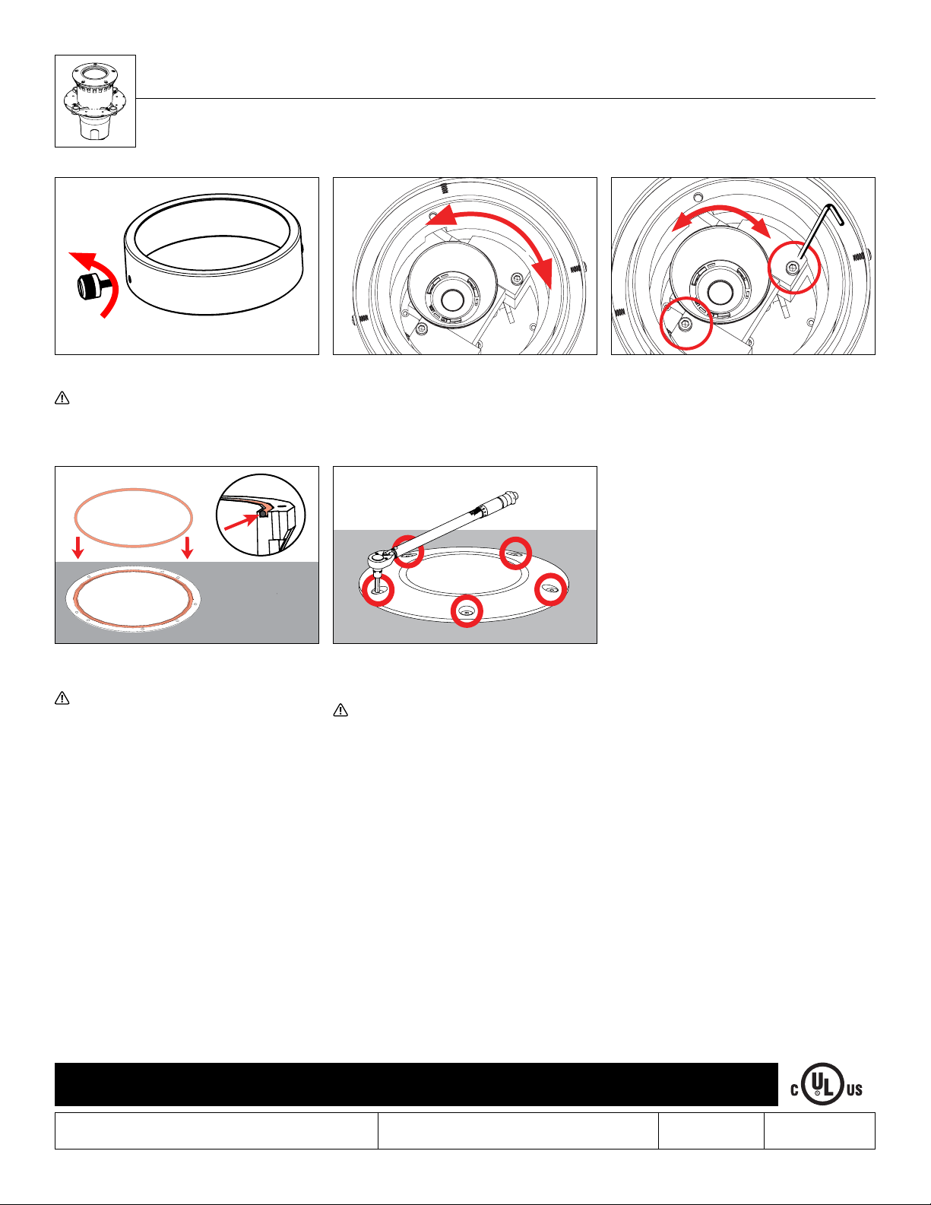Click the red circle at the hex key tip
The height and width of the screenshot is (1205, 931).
(x=794, y=268)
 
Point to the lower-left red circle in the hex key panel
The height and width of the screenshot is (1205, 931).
(x=686, y=323)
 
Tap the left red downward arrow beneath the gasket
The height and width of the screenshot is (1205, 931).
(x=78, y=547)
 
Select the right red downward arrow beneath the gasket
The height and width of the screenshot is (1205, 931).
(x=188, y=547)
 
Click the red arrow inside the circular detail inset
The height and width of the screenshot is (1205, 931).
(x=241, y=522)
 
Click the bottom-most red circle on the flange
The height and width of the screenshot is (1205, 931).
(x=467, y=611)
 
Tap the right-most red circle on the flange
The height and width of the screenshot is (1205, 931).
(x=551, y=589)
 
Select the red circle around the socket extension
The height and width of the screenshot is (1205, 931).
(x=378, y=590)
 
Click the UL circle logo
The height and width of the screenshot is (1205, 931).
(x=822, y=1083)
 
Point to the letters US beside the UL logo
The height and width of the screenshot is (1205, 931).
(x=854, y=1089)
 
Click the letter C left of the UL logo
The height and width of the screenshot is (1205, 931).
(x=795, y=1090)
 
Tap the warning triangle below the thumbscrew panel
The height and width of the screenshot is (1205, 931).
(x=62, y=398)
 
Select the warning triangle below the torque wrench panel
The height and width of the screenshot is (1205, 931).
(x=340, y=710)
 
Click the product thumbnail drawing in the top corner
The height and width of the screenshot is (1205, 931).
(x=95, y=101)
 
